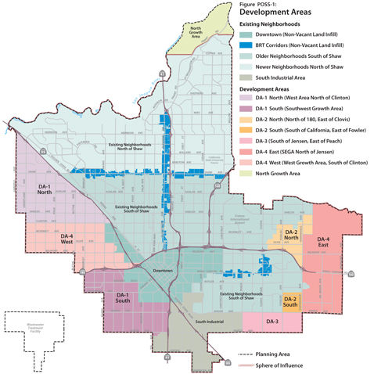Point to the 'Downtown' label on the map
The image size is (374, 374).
163,269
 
